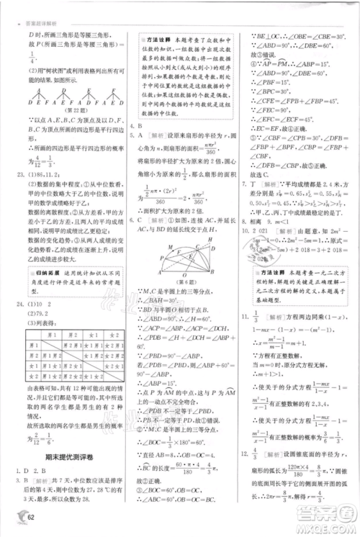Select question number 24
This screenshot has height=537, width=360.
coord(15,294)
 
